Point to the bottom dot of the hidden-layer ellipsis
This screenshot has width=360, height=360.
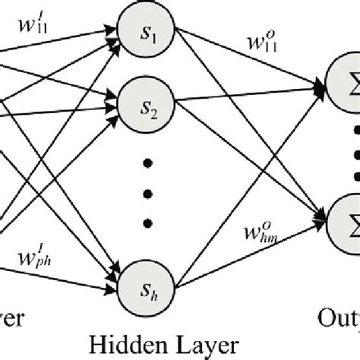(x=146, y=222)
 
